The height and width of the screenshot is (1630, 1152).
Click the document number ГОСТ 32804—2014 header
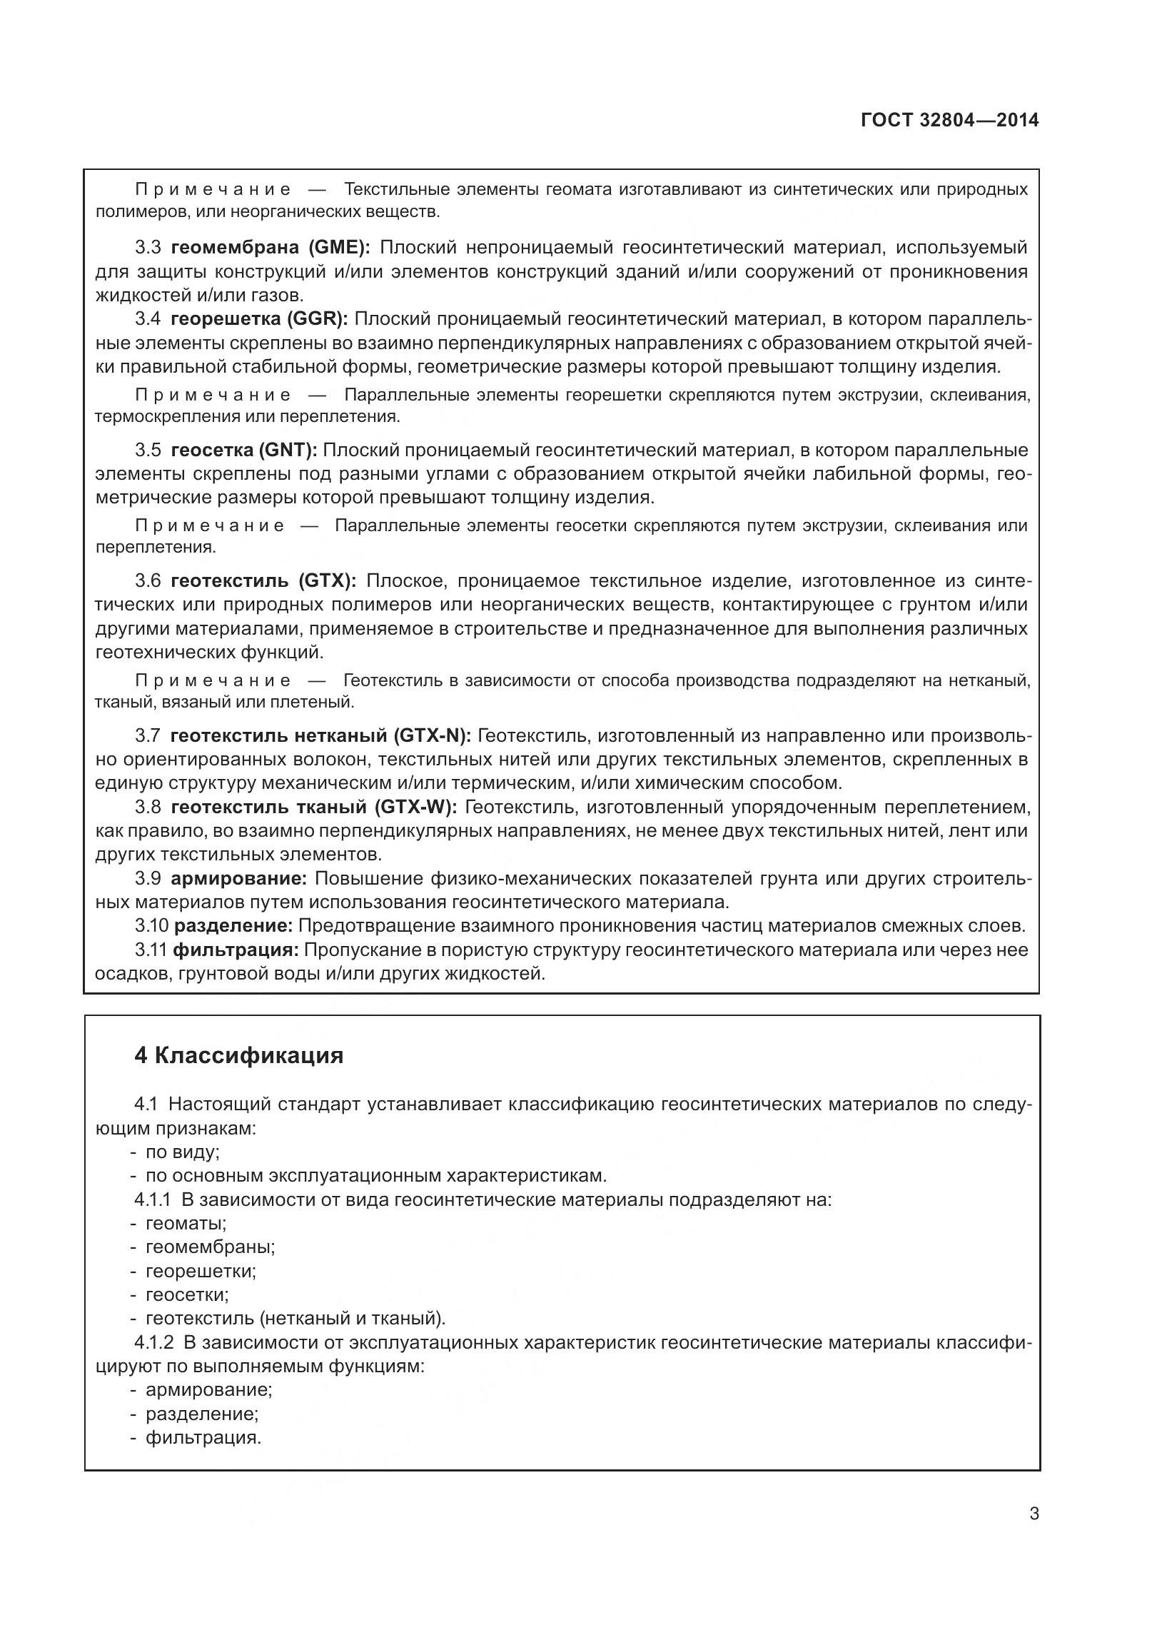(x=949, y=120)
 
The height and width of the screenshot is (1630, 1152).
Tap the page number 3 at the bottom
(x=1034, y=1533)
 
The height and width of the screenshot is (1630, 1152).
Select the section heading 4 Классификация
(x=239, y=1056)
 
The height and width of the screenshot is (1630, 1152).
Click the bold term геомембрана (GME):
(x=271, y=248)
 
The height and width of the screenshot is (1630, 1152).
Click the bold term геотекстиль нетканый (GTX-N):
(x=320, y=735)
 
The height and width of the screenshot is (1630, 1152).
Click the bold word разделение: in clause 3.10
(x=233, y=926)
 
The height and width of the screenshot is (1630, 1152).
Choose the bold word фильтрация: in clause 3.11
(x=236, y=950)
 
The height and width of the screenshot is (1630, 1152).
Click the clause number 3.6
(x=148, y=580)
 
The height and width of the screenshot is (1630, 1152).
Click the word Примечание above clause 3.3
(x=213, y=190)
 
